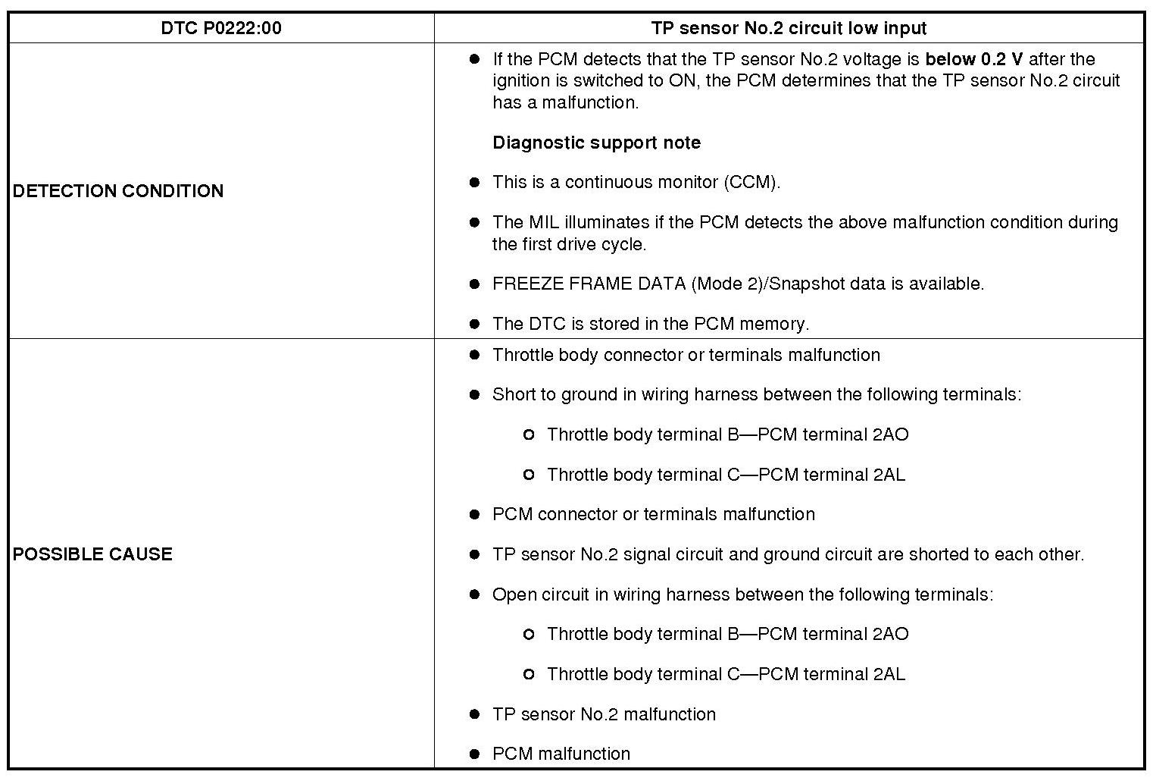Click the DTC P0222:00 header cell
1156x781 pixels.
[220, 28]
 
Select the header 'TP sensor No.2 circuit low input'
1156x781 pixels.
[789, 28]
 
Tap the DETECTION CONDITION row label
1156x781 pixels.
[118, 190]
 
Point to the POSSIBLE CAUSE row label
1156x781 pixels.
[92, 554]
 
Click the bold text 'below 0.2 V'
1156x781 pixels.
[973, 59]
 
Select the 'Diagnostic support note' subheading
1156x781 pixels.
[596, 143]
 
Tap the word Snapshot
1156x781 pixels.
[807, 284]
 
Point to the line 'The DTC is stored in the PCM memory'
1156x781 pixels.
[650, 324]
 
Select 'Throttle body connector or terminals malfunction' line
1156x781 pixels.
[686, 355]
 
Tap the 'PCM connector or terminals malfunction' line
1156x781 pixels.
[653, 514]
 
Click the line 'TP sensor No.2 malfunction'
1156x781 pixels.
[603, 714]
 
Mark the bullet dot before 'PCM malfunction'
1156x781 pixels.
[475, 754]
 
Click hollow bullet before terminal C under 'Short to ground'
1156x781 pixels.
[529, 475]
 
